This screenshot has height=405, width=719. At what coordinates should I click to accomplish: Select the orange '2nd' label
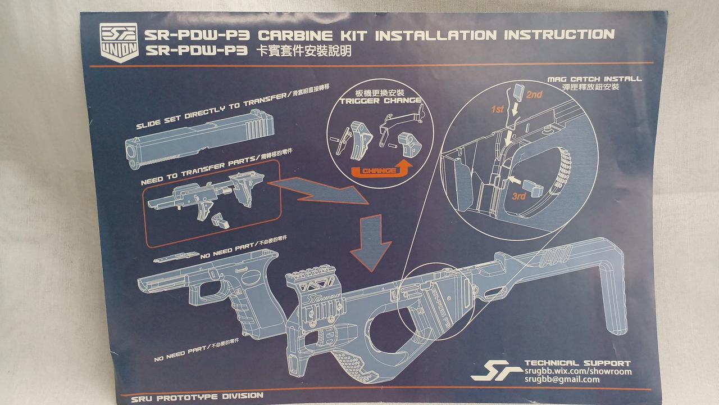pos(534,95)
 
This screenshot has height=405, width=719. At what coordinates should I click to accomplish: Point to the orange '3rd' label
pos(519,196)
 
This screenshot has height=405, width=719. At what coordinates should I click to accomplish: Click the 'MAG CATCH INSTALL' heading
pos(594,79)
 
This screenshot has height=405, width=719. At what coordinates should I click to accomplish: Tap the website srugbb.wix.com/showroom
pos(577,371)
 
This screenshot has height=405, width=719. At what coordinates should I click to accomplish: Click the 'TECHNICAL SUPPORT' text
pos(577,363)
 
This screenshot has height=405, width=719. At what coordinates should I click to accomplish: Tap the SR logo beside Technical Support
pos(489,371)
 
